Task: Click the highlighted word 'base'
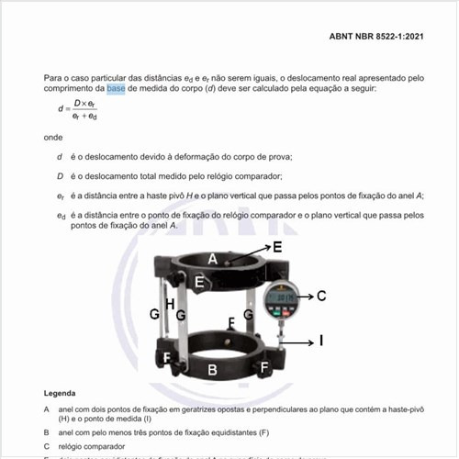tap(116, 89)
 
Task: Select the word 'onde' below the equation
tap(53, 137)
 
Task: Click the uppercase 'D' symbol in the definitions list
tap(60, 175)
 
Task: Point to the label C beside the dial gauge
tap(320, 296)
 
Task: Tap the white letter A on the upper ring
tap(212, 260)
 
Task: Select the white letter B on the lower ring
tap(212, 370)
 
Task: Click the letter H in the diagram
tap(169, 303)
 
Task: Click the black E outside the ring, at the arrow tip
tap(277, 247)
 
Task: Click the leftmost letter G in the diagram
tap(155, 313)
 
